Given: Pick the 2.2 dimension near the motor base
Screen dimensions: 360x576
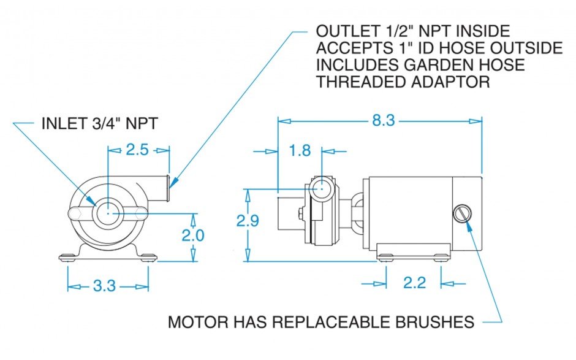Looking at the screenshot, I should click(414, 283).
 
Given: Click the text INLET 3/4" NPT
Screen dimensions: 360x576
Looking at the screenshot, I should click(99, 123).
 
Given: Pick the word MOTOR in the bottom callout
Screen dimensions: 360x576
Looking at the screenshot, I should click(195, 322).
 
